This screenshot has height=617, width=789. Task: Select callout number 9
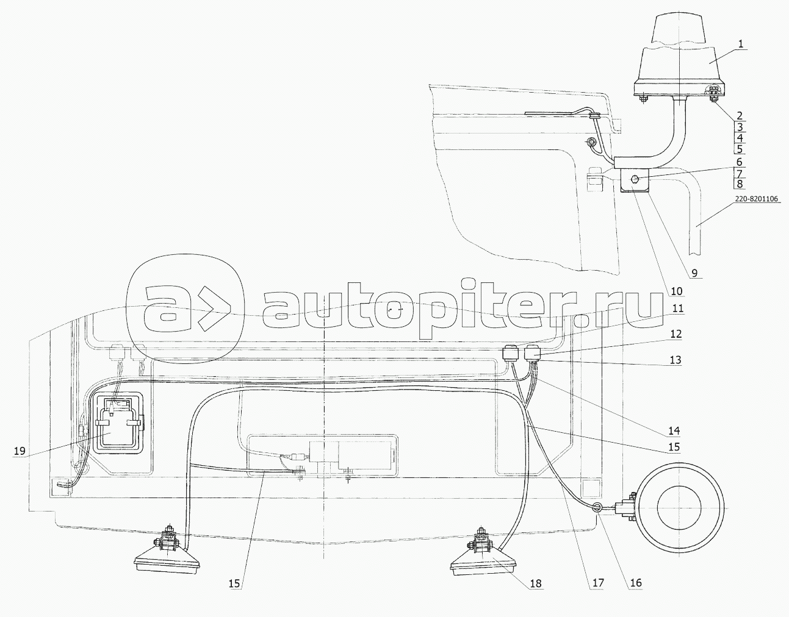click(694, 273)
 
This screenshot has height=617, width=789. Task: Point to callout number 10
click(677, 291)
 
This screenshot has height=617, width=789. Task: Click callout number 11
click(677, 308)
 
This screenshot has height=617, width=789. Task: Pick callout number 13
click(675, 360)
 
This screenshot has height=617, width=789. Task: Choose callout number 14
click(674, 430)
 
